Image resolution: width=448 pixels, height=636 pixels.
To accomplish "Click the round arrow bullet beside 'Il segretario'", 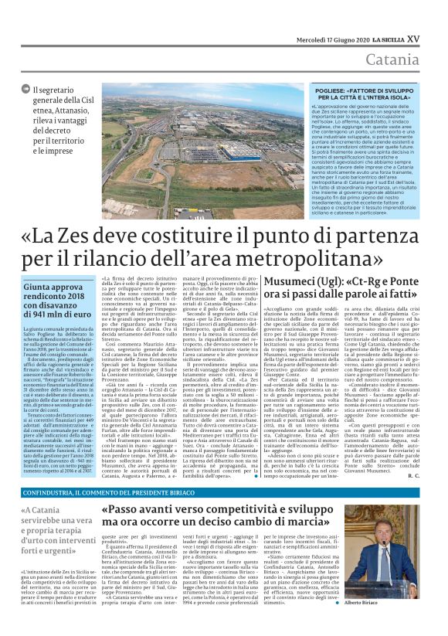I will point(27,90).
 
